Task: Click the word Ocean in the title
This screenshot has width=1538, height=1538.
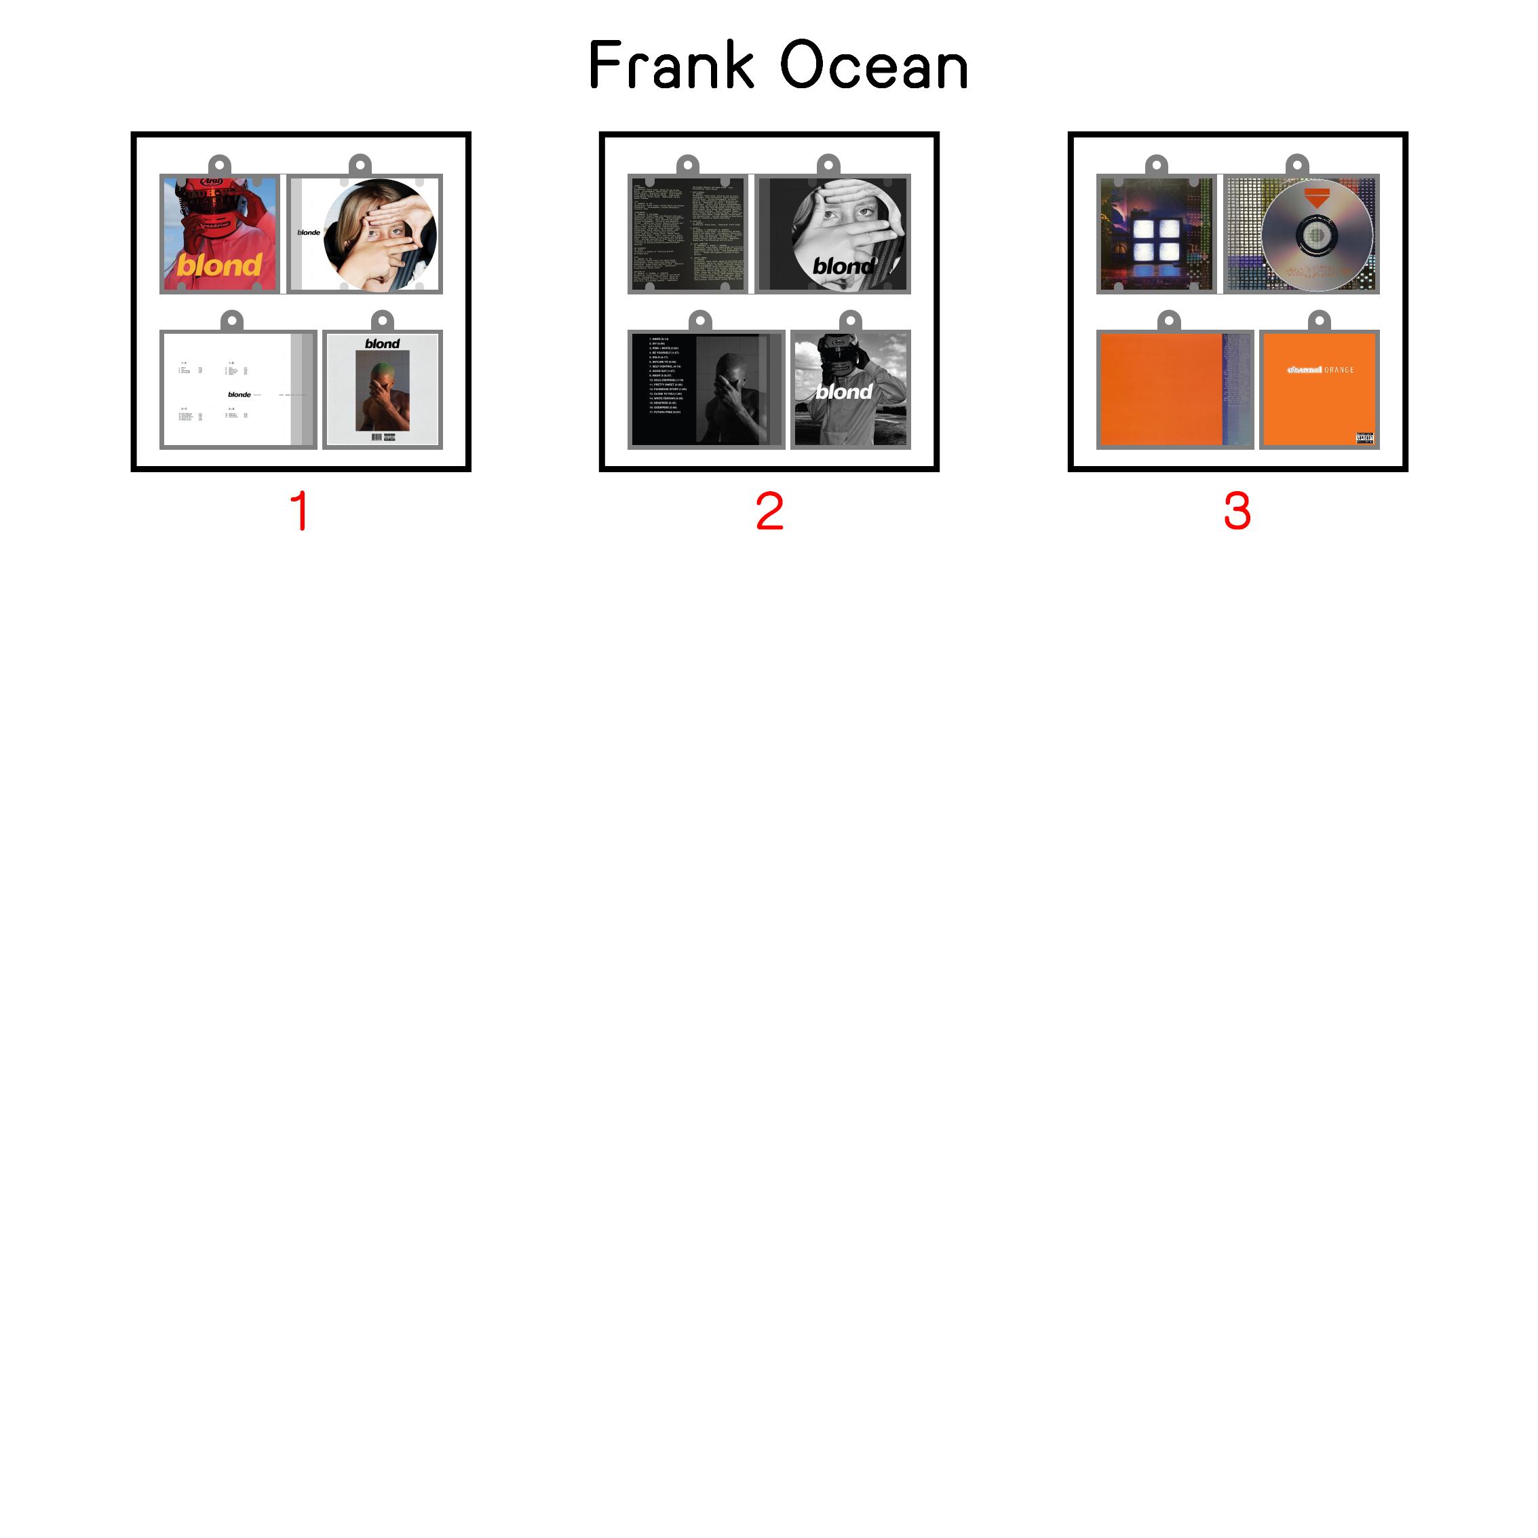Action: (x=873, y=65)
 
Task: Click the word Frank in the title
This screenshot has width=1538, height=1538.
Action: (x=671, y=65)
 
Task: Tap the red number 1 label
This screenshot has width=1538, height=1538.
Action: (x=300, y=510)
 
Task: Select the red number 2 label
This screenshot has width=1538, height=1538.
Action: (x=769, y=510)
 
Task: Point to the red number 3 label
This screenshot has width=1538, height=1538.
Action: (x=1237, y=510)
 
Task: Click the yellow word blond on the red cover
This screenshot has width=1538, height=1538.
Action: (x=219, y=265)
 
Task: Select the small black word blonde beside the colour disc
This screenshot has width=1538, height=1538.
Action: (x=309, y=233)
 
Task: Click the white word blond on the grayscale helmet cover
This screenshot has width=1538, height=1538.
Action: (x=844, y=391)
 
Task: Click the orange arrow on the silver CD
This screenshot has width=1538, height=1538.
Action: (x=1318, y=198)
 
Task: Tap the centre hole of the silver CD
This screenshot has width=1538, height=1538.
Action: (x=1317, y=235)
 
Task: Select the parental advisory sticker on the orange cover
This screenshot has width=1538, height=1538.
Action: (x=1364, y=438)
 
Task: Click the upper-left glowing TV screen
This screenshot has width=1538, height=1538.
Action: (x=1144, y=230)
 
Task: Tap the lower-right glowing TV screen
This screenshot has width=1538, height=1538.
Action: (x=1169, y=253)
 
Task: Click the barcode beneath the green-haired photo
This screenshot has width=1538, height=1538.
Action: (x=377, y=437)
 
